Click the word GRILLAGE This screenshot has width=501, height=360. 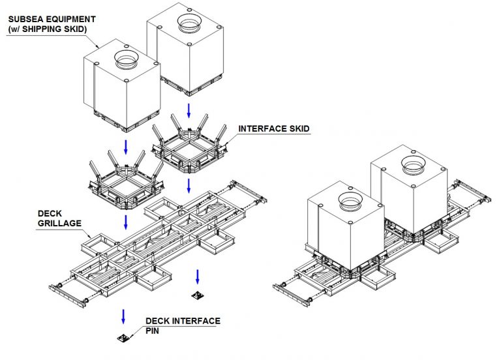pos(63,222)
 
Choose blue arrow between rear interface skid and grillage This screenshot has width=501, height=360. pos(188,186)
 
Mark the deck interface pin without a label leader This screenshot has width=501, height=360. pos(196,295)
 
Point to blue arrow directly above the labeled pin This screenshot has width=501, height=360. pos(122,316)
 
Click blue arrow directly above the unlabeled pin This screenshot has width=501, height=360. pos(196,273)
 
